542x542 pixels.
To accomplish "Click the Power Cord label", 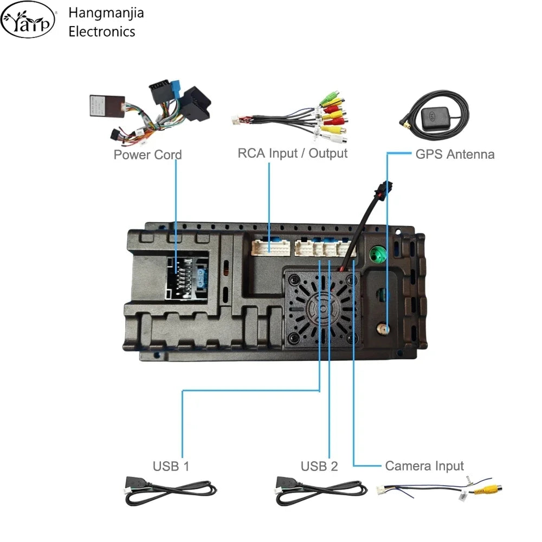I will coord(147,154).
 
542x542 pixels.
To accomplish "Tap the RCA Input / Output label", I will coord(292,153).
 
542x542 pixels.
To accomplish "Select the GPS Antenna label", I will coord(455,154).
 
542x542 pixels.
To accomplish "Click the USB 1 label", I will coord(171,466).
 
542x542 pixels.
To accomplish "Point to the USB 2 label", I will coord(319,466).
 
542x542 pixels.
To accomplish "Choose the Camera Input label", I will coord(424,466).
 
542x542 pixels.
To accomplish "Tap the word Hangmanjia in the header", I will coord(106,13).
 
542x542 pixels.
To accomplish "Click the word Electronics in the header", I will coord(102,31).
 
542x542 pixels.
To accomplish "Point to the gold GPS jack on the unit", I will coord(384,328).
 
